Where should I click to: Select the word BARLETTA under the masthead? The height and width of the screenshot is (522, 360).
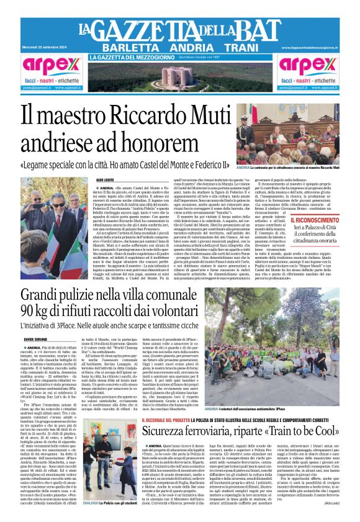coord(128,48)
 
